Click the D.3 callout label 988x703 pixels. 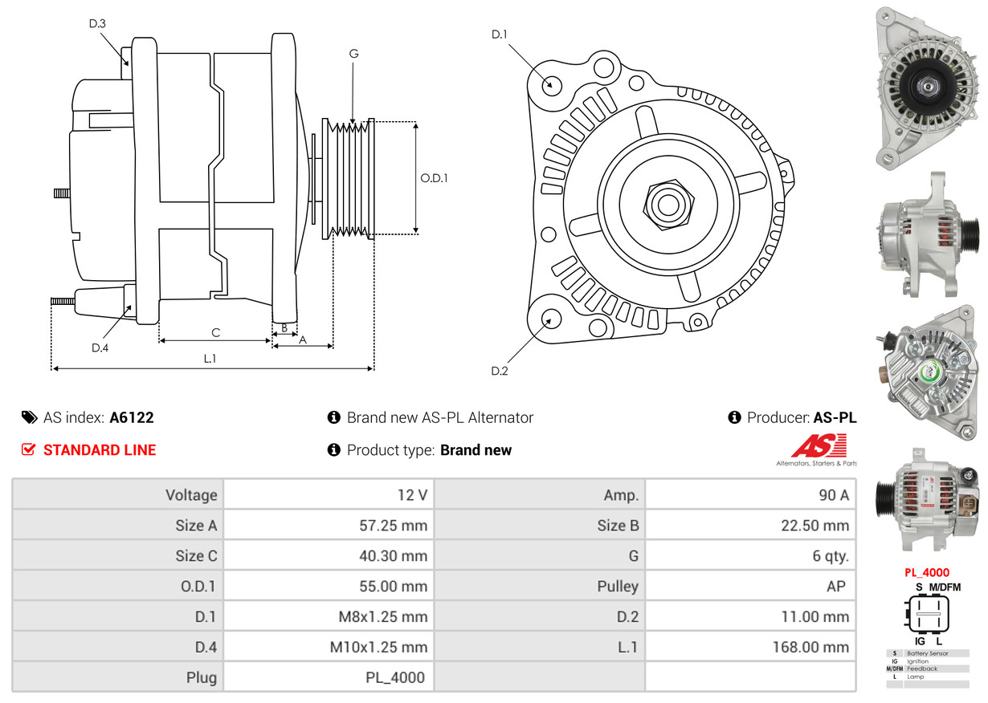(x=97, y=24)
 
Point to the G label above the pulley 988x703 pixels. (x=353, y=54)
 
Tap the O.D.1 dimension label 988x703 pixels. (x=434, y=178)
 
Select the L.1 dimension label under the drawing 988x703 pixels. (x=209, y=359)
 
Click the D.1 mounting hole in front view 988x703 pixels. (x=551, y=84)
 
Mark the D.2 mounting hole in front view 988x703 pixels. (x=551, y=318)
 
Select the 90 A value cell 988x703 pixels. (x=833, y=495)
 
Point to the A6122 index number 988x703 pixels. (x=132, y=417)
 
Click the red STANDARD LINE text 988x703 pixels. (x=100, y=450)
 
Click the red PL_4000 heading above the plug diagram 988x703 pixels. (x=927, y=573)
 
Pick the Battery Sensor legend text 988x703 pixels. (x=927, y=654)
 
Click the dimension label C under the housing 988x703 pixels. (x=215, y=332)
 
